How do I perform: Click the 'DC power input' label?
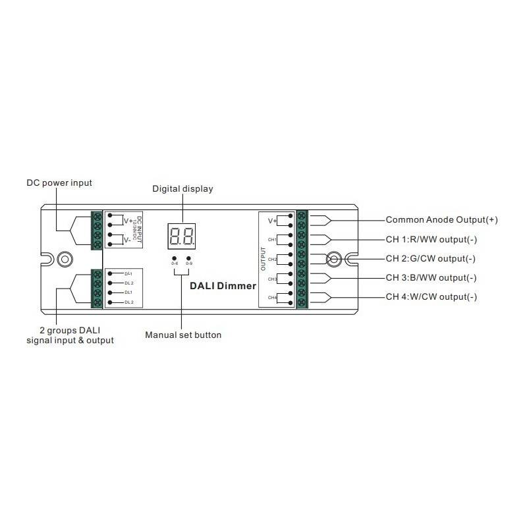tap(59, 182)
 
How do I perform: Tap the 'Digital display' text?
tap(183, 189)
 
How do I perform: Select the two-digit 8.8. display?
tap(181, 235)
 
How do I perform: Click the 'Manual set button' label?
tap(183, 335)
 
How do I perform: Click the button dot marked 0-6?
tap(175, 258)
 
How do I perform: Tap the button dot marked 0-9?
tap(189, 258)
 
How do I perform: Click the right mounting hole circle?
tap(334, 258)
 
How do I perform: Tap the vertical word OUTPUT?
tap(263, 259)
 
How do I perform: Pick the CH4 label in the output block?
tap(272, 298)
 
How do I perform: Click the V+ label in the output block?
tap(272, 221)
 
